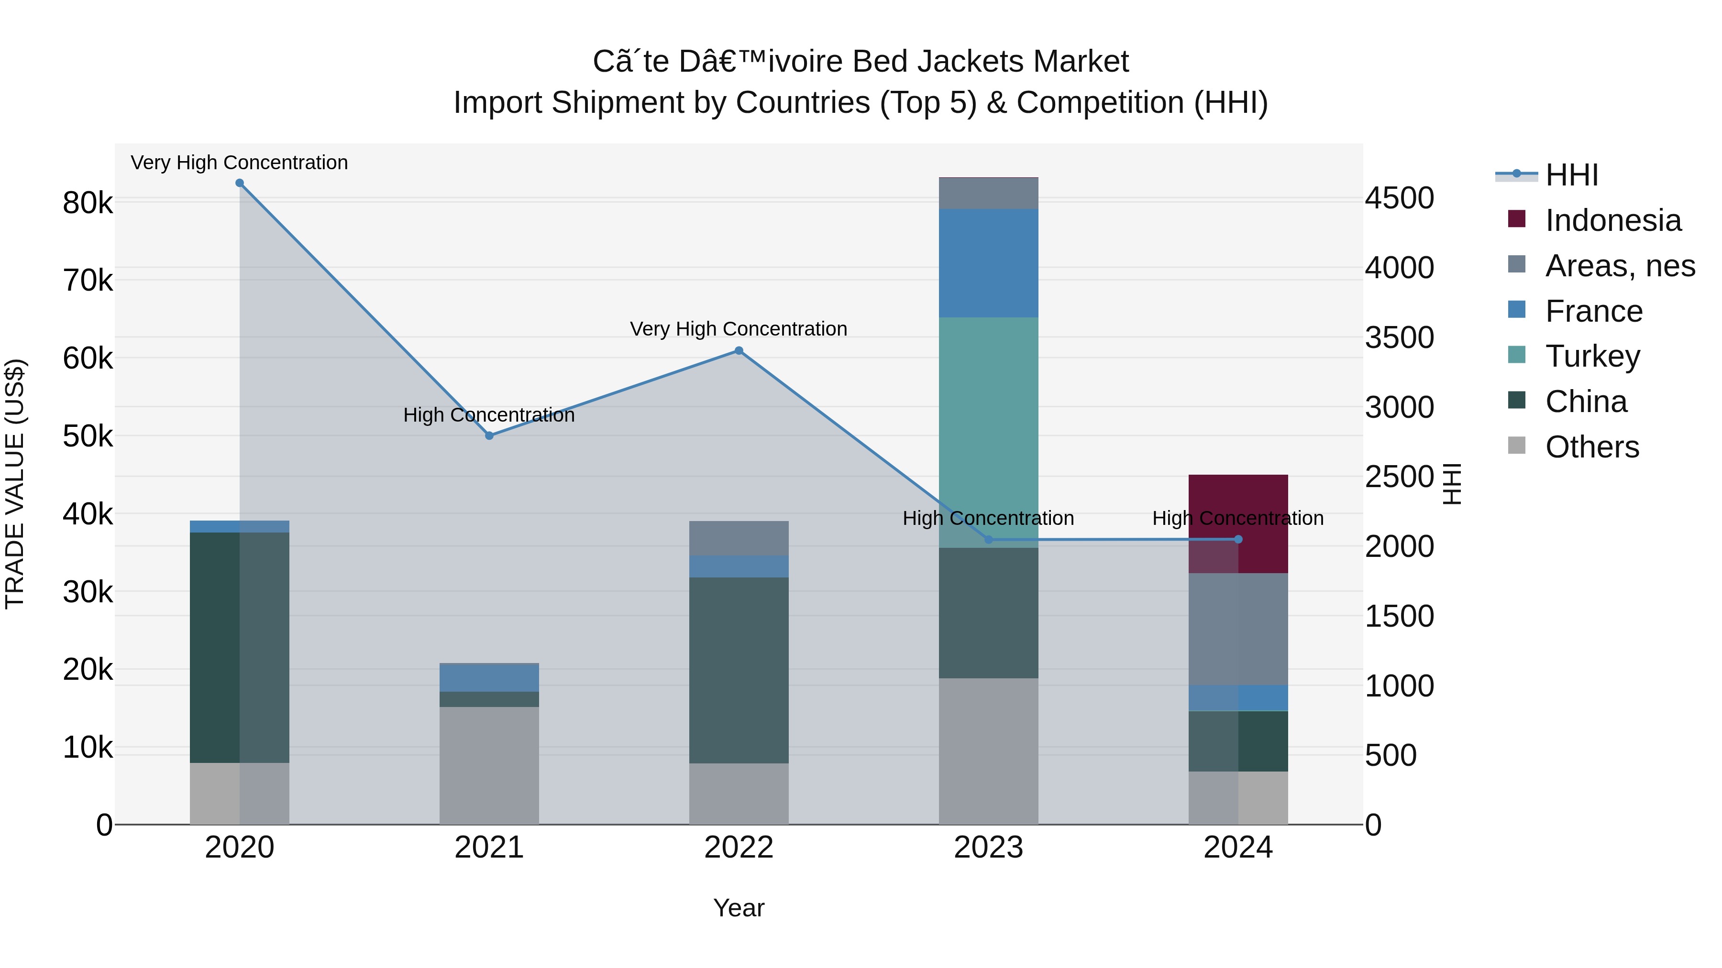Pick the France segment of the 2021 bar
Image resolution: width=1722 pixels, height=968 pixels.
point(489,677)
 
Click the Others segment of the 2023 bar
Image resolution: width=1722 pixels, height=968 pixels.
point(988,751)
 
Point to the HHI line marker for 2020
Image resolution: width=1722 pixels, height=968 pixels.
point(239,183)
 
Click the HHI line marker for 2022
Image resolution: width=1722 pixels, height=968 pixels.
point(739,351)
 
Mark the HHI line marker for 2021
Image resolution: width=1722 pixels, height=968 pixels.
point(489,435)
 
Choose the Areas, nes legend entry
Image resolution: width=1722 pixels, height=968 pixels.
point(1619,266)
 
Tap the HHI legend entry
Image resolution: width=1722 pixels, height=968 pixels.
point(1571,175)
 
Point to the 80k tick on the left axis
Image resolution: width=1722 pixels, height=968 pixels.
point(88,202)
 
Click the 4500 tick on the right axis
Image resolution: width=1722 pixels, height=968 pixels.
point(1399,198)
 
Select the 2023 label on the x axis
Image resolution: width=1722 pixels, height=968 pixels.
point(988,848)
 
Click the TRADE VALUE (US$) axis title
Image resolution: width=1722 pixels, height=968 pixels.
point(15,484)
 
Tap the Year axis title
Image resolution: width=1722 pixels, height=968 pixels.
point(739,908)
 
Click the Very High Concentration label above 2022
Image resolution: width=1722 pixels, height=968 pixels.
point(738,329)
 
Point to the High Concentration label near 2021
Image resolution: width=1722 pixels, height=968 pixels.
point(489,415)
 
